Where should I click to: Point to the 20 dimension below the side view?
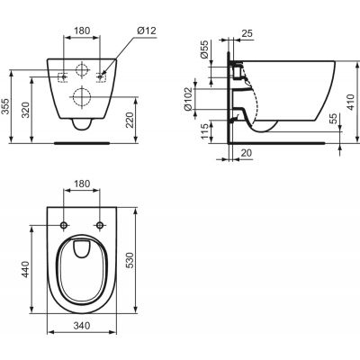pos(245,154)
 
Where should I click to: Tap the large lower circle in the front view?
pos(81,98)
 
